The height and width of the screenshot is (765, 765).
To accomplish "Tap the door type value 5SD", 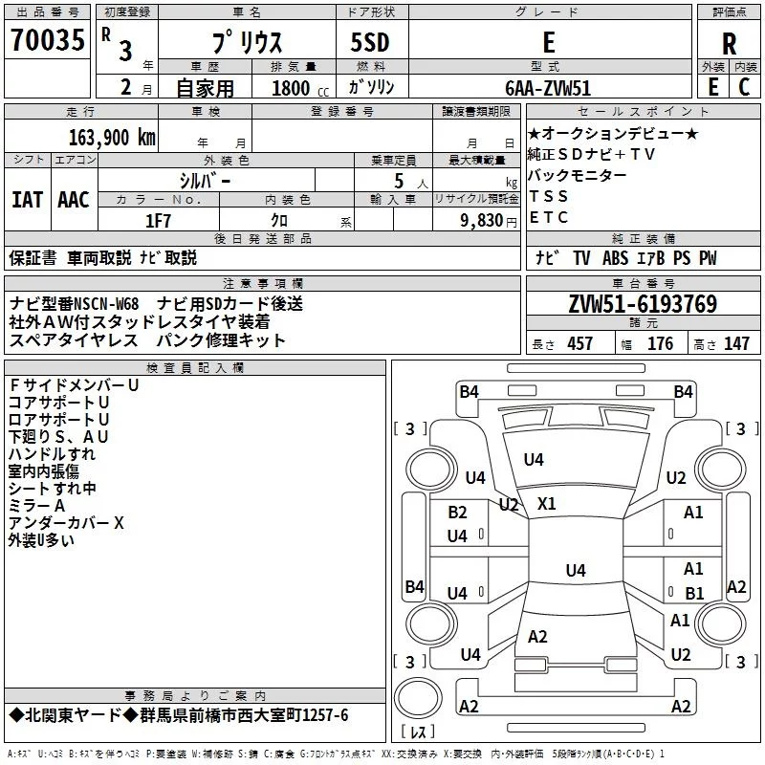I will [370, 43].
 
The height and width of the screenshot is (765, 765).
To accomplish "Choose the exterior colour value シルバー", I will [205, 179].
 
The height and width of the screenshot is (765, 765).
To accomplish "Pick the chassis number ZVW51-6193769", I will [642, 304].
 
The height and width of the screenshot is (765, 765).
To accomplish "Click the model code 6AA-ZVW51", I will [548, 88].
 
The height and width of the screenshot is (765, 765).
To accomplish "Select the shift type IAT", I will [27, 199].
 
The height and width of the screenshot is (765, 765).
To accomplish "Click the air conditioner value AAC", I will [73, 199].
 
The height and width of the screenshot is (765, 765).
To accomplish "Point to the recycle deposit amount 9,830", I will [482, 220].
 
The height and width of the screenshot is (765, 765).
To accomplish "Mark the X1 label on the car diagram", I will [547, 503].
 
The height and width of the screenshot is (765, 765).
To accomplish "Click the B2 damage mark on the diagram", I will [457, 513].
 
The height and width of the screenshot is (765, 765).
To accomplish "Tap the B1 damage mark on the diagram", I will [694, 593].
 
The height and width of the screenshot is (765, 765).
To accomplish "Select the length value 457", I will [579, 344].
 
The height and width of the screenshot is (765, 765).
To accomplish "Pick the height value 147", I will [736, 344].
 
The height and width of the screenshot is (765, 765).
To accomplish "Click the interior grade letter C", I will [744, 88].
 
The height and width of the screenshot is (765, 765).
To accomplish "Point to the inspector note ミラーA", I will [36, 506].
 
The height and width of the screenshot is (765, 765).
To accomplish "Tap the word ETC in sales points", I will [549, 217].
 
